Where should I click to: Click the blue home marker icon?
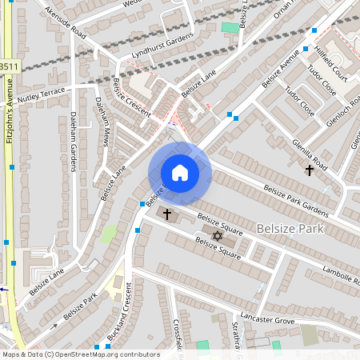[180, 173]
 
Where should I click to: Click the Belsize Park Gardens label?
[295, 200]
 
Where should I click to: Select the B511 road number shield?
[8, 67]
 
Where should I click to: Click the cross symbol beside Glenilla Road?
[310, 170]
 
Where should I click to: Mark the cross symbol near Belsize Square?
[166, 214]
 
